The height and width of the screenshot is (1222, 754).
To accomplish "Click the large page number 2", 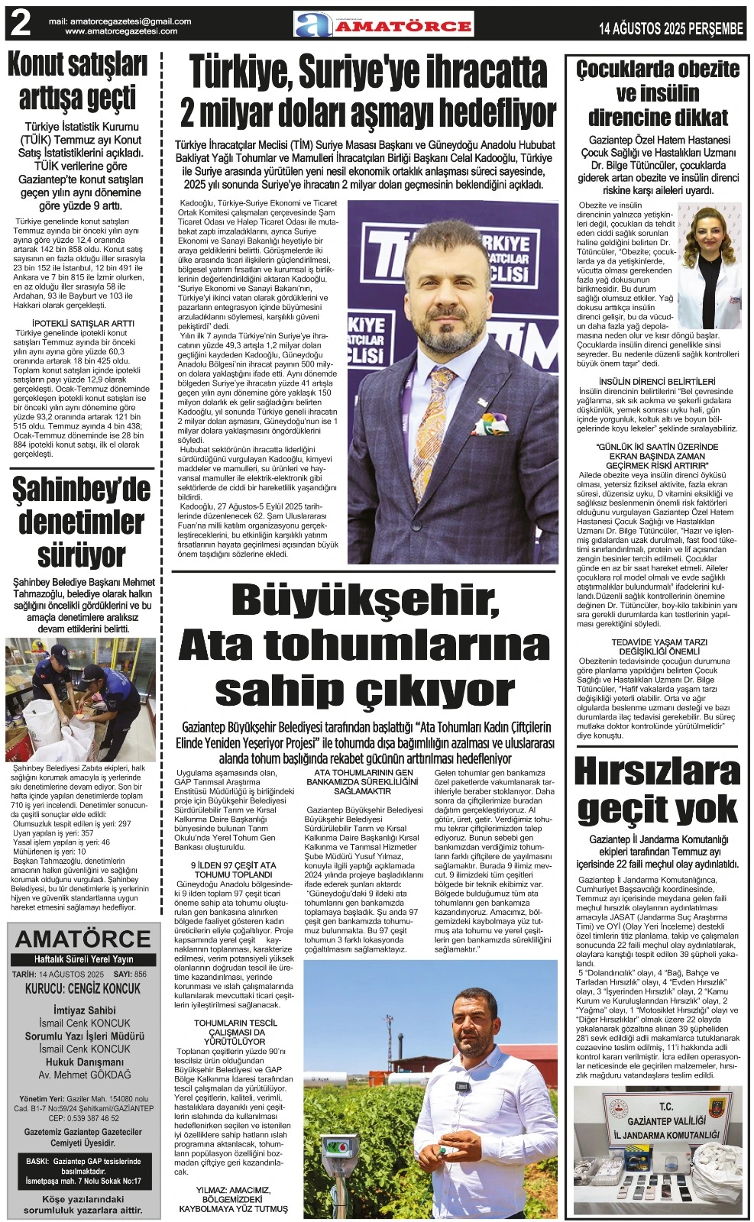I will [x=20, y=24].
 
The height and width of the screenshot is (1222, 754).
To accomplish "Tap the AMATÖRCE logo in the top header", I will [x=384, y=24].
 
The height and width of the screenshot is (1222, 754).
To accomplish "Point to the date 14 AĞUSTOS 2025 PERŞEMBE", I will [x=671, y=29].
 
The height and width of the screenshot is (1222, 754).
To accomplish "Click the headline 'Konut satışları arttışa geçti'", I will [x=77, y=82].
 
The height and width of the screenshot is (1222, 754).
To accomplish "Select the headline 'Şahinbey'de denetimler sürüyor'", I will [x=81, y=523].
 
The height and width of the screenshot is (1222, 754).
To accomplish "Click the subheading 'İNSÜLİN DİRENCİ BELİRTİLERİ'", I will [x=657, y=381].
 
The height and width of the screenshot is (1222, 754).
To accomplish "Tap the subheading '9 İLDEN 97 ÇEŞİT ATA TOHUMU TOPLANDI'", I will [x=233, y=870].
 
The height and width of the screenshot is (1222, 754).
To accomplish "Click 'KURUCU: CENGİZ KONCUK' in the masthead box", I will [x=83, y=988].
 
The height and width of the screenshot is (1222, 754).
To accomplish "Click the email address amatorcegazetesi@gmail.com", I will [x=121, y=21].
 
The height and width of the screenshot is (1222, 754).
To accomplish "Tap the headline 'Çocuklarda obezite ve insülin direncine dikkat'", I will [x=657, y=93].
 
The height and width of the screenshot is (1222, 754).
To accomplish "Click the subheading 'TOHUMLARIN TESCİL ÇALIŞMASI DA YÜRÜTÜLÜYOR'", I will [x=235, y=1032].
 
